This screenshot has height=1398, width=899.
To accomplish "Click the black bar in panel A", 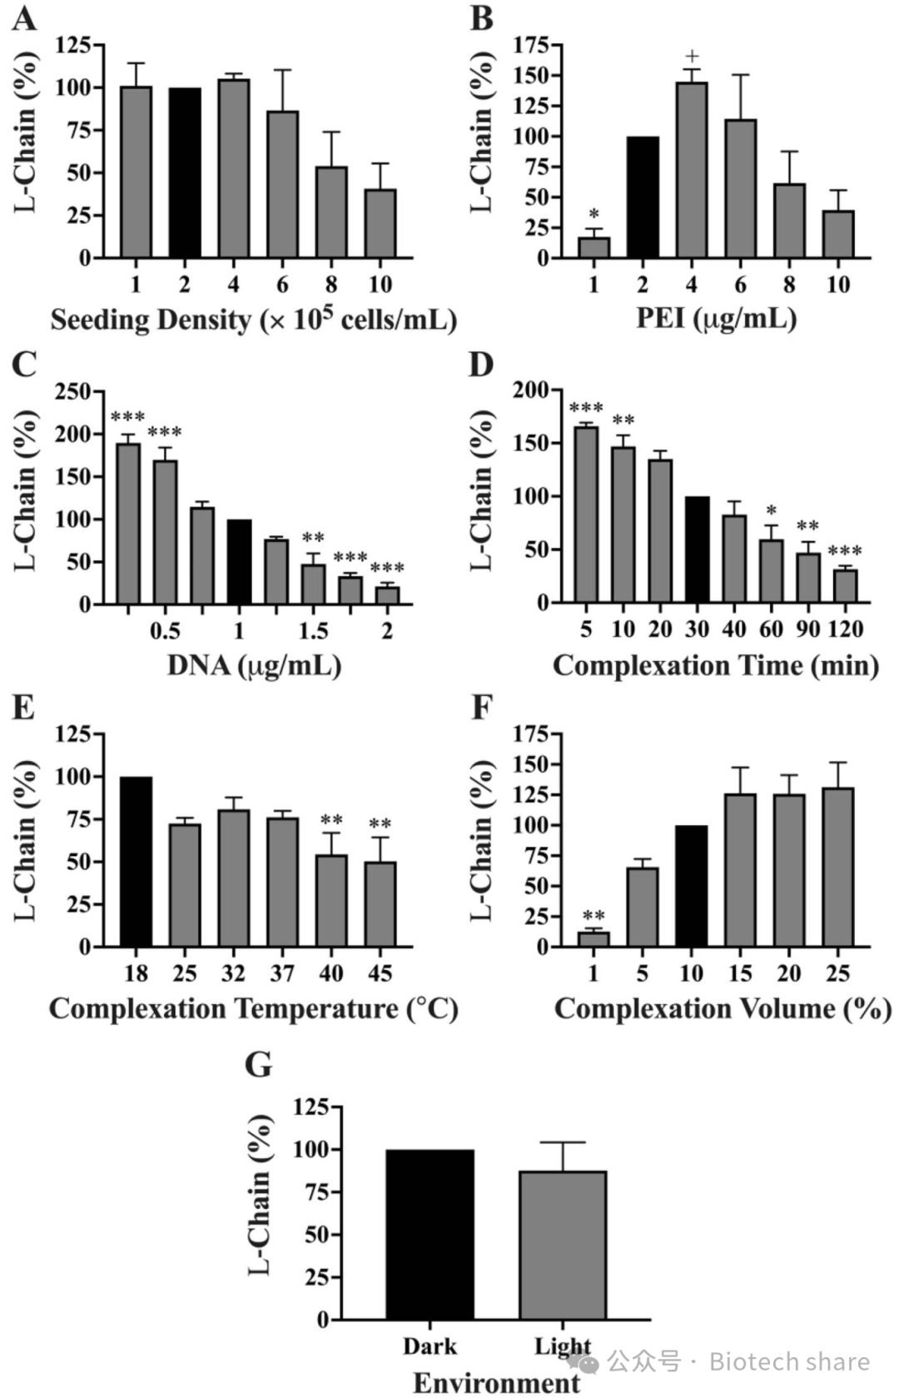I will (185, 172).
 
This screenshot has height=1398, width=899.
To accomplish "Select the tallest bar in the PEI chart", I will (691, 170).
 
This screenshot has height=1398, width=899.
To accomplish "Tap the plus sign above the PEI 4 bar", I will (692, 57).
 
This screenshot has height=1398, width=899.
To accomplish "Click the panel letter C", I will (25, 364).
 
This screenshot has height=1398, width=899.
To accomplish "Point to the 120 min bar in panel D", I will (845, 585).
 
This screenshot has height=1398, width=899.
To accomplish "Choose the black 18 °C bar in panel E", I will (136, 862).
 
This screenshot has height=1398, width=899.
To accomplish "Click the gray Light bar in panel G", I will (563, 1245).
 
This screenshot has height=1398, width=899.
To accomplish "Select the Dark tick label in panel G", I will (430, 1346).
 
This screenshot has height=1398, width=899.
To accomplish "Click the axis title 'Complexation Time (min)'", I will (716, 665).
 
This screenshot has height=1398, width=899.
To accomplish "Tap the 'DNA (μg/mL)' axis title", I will (254, 665).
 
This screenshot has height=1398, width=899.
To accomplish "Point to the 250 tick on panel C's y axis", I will (73, 391).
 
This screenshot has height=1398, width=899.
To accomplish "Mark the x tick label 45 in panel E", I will (380, 973).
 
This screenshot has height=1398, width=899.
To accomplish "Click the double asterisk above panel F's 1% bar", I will (594, 916).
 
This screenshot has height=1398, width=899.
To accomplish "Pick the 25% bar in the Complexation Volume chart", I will (837, 867).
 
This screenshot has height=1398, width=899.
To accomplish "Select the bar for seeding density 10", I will (380, 223).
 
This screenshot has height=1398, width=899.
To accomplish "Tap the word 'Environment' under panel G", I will (497, 1382).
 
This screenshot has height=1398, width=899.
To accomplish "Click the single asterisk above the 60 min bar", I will (771, 510).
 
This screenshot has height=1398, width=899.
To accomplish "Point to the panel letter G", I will (259, 1064).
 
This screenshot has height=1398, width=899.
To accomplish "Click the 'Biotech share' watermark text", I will (788, 1361).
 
